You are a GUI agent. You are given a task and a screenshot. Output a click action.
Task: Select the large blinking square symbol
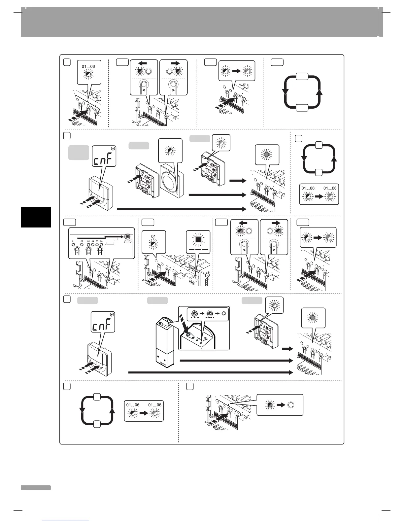click(x=198, y=240)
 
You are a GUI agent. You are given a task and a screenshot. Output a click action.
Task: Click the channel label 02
click(x=82, y=241)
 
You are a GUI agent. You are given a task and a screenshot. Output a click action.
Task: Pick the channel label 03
click(x=88, y=241)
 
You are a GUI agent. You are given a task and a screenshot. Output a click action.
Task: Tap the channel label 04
click(x=93, y=241)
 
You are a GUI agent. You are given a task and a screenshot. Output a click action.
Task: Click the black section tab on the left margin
click(x=36, y=217)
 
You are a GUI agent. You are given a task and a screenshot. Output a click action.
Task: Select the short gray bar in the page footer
click(x=36, y=487)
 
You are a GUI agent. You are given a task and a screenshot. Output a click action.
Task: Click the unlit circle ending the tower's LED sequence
click(x=223, y=313)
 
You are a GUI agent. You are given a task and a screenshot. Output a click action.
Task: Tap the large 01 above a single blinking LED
click(x=153, y=236)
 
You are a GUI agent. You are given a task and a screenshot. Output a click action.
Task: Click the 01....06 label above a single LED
click(x=88, y=66)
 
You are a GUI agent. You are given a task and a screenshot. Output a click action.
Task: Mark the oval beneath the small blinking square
click(x=127, y=241)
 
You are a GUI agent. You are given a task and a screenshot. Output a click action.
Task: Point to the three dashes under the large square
click(x=198, y=250)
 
